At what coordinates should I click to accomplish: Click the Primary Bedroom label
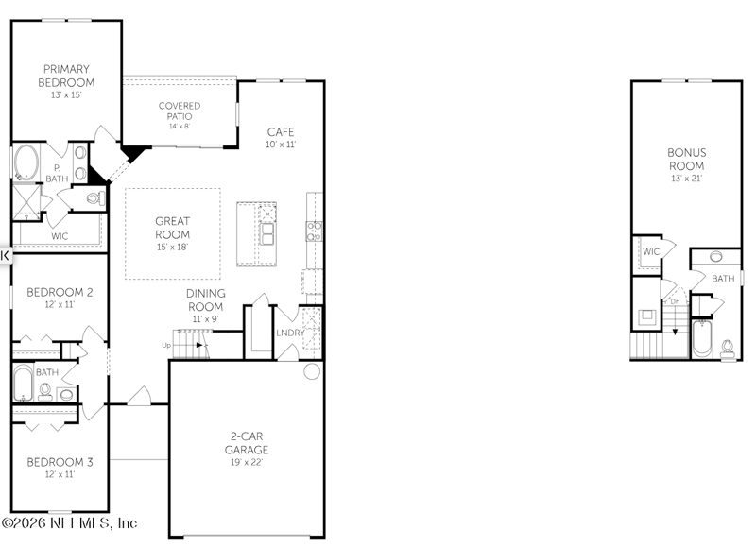pos(64,76)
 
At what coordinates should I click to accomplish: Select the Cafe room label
pos(281,131)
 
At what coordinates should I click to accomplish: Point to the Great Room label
pos(173,228)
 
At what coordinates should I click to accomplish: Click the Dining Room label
pos(205,300)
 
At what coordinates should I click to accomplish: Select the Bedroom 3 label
pos(59,462)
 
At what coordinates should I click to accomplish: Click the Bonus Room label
pos(686,159)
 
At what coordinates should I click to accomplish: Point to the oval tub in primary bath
pos(26,162)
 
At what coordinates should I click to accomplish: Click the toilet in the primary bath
pos(94,198)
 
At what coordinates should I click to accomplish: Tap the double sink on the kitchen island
pos(267,232)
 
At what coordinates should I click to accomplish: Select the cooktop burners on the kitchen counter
pos(315,231)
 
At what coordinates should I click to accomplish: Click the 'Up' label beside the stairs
pos(167,345)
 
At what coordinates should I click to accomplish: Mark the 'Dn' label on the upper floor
pos(675,301)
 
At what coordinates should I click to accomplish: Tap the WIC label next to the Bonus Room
pos(651,252)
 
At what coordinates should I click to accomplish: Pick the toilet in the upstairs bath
pos(727,348)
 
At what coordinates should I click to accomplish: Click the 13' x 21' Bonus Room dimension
pos(686,178)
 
